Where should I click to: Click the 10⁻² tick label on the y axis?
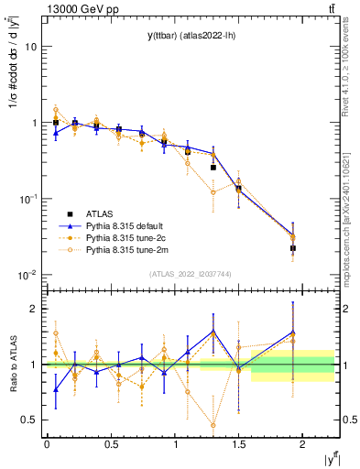[x=29, y=275]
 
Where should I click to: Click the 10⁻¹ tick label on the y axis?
[x=29, y=199]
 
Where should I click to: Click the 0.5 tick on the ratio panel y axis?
[x=30, y=420]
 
